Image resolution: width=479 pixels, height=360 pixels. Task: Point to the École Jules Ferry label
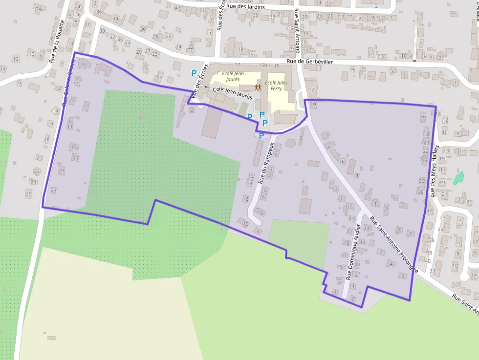[x=276, y=85]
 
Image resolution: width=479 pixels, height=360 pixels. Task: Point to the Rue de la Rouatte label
[x=57, y=42]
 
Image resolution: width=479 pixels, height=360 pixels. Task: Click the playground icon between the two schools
[x=258, y=87]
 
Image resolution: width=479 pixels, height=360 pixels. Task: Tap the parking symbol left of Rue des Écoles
[x=194, y=73]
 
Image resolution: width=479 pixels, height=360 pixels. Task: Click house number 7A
[x=39, y=9]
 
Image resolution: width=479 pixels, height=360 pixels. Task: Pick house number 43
[x=176, y=8]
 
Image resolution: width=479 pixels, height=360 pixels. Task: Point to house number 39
[x=102, y=31]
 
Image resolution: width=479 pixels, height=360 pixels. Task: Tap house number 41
[x=87, y=24]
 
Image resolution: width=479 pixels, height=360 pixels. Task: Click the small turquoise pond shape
[x=458, y=178]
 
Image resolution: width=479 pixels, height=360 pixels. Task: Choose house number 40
[x=427, y=261]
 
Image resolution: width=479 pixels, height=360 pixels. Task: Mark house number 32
[x=429, y=211]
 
